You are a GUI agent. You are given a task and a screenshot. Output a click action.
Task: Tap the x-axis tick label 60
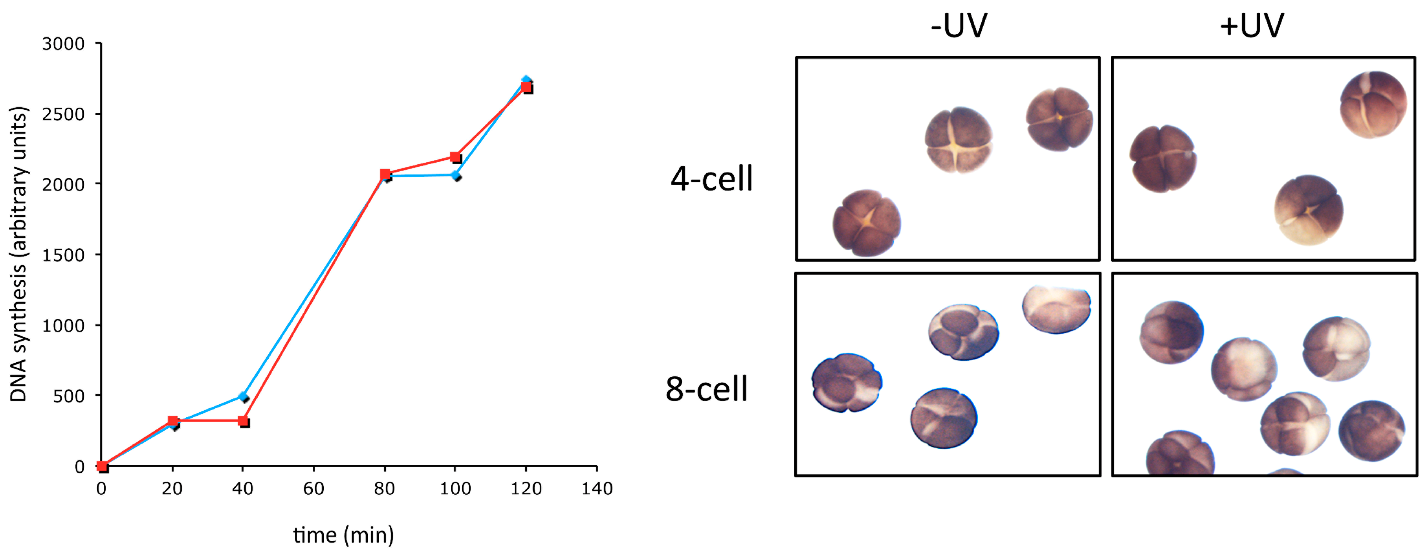coord(313,488)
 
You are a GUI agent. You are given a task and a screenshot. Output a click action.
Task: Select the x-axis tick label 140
coord(597,488)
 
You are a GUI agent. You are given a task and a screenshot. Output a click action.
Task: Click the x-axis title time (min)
coord(343,535)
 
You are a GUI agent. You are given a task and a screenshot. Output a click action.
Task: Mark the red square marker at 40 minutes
coord(243,421)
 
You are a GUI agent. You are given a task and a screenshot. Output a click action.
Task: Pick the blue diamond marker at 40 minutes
coord(243,396)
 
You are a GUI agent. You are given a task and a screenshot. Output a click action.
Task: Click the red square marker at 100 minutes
coord(455,157)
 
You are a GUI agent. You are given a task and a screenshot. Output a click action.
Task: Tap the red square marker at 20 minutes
coord(173,421)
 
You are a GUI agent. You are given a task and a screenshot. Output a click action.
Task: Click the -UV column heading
coord(959,26)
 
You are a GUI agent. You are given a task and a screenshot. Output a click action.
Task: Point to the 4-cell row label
coord(711,178)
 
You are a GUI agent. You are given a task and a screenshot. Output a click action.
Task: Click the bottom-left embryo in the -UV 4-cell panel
coord(866,223)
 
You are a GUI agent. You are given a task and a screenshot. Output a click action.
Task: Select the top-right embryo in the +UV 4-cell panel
coord(1373,104)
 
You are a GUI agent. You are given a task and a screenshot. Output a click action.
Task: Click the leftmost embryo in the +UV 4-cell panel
coord(1162,158)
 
